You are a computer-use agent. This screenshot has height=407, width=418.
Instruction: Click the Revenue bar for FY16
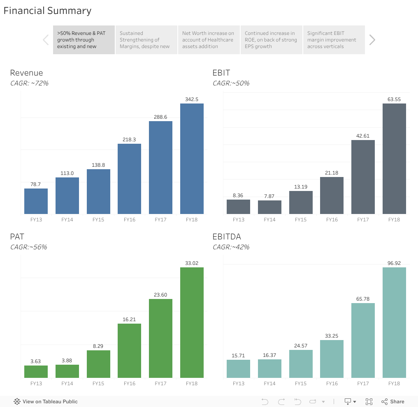coord(129,179)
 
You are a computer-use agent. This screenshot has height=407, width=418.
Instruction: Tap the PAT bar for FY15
coord(98,364)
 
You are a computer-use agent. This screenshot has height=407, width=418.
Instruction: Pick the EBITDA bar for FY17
coord(363,340)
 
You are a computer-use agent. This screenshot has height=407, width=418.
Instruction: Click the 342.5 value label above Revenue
coord(192,99)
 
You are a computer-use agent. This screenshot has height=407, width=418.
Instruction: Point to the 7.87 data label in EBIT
coord(269,196)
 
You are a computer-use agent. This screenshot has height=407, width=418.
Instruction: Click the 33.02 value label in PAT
coord(192,263)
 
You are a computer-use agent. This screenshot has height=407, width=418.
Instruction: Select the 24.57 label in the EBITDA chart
coord(301,346)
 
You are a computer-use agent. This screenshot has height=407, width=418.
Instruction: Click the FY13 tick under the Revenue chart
coord(36,220)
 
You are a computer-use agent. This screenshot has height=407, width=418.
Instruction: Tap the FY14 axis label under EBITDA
coord(269,384)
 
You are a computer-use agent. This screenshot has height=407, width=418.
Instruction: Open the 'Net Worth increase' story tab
coord(209,40)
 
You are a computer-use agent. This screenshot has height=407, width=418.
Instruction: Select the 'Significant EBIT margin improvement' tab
coord(334,40)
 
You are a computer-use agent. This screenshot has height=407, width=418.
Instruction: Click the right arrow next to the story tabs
coord(372,40)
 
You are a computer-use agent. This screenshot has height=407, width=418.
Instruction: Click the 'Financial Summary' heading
coord(48,11)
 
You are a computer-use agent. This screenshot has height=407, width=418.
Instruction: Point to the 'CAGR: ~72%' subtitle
coord(29,83)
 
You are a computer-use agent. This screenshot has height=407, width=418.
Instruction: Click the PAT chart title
coord(17,237)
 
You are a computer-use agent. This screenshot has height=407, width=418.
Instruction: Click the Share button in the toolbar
coord(393,402)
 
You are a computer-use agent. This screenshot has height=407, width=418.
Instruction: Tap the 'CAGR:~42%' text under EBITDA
coord(231,247)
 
